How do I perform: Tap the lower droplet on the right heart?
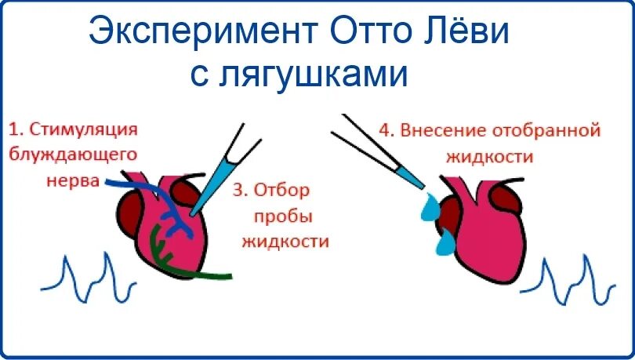[445, 242]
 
